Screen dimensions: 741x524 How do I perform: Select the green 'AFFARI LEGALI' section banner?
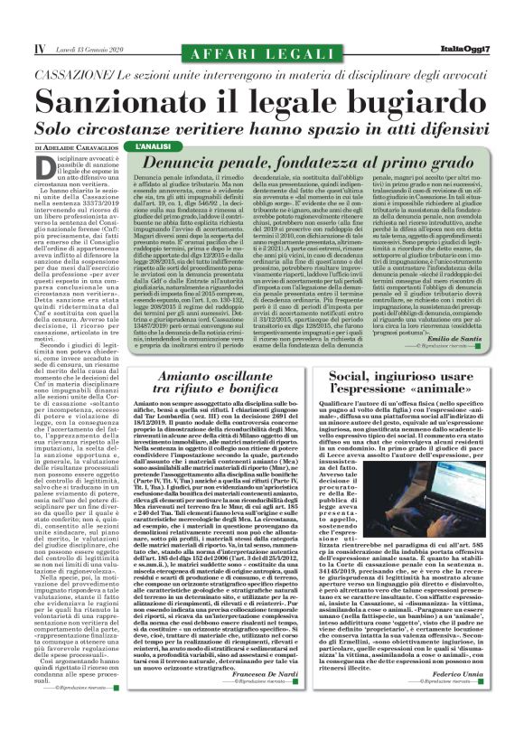coord(263,31)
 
